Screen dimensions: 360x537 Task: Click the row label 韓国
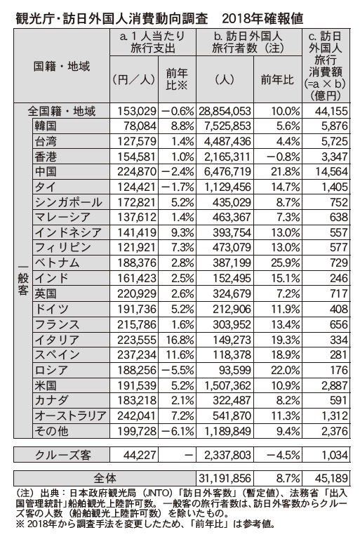coord(45,126)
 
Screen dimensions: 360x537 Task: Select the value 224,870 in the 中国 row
coord(137,171)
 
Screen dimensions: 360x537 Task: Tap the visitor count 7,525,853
coord(227,126)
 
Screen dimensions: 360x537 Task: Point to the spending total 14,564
coord(331,171)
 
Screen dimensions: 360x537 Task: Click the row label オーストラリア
coord(71,416)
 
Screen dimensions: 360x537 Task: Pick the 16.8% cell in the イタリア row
coord(180,340)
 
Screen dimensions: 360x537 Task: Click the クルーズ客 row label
coord(63,455)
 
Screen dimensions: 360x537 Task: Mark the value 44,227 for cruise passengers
coord(140,455)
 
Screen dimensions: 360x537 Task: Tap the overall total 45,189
coord(331,478)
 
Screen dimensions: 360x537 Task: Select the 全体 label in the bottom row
coord(105,478)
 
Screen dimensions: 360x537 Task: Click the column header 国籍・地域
coord(62,66)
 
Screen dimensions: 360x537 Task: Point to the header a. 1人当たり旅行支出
coord(153,42)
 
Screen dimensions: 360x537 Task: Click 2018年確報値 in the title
coord(262,18)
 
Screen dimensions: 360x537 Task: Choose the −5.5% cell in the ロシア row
coord(178,370)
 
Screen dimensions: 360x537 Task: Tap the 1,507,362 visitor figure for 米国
coord(227,385)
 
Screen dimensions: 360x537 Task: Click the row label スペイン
coord(58,354)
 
